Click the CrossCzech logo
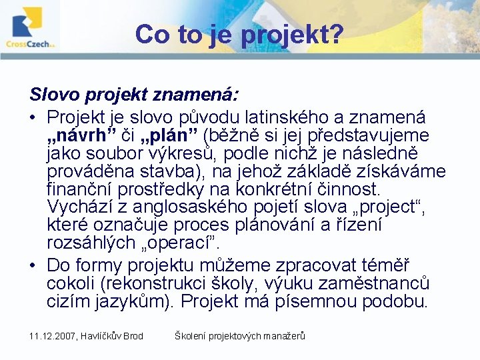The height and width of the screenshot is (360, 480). [x=31, y=27]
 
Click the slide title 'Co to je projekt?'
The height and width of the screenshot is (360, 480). [x=239, y=34]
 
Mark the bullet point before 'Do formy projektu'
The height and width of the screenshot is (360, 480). [x=33, y=265]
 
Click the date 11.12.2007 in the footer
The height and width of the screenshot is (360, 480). [x=53, y=336]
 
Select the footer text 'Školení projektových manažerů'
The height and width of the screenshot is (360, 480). [x=239, y=336]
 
